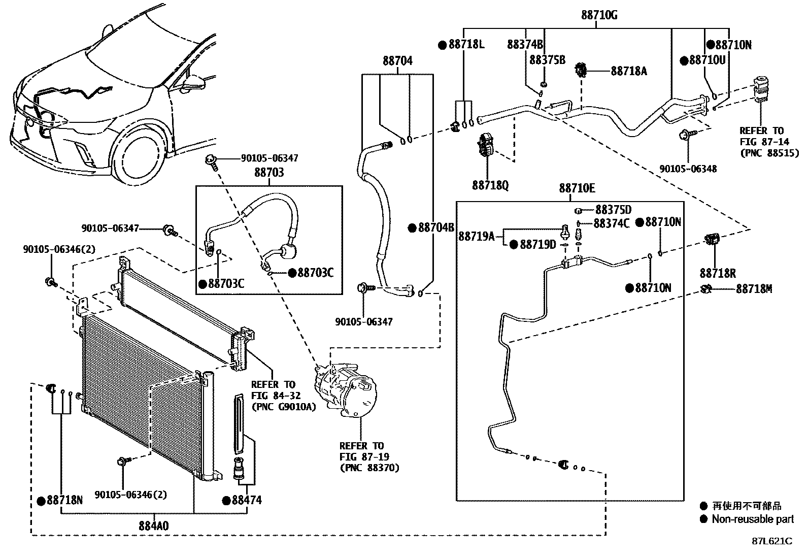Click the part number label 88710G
599,15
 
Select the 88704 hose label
397,61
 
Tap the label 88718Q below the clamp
490,185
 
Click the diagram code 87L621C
771,541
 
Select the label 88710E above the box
577,188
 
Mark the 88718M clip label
754,289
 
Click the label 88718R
718,274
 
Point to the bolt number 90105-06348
688,169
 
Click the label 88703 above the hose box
269,173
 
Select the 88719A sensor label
476,236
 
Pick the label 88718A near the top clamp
629,71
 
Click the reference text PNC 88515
769,153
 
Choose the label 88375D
613,210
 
